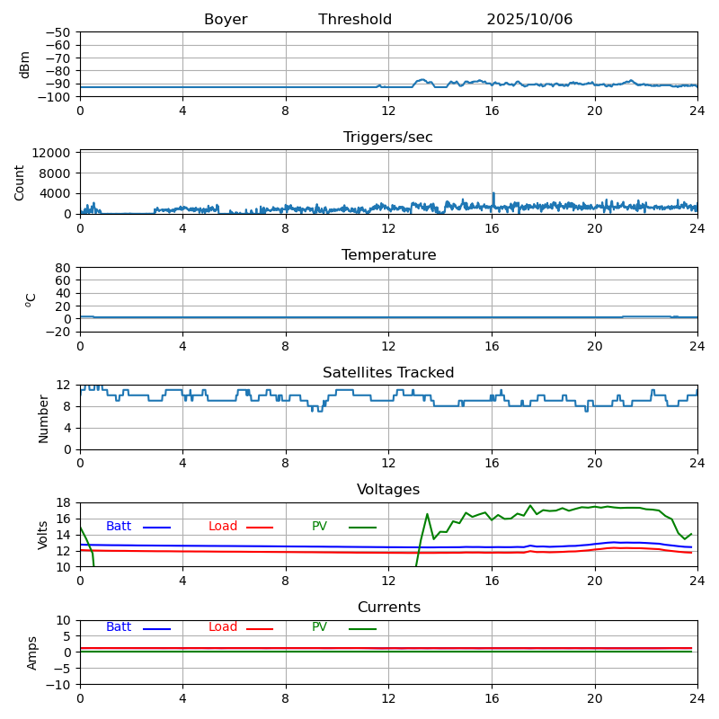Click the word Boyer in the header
coord(226,20)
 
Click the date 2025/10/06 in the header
coord(529,20)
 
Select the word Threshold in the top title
coord(355,20)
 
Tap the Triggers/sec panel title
coord(388,138)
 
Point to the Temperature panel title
coord(388,255)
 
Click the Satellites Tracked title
coord(388,373)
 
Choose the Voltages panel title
coord(388,490)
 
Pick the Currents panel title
coord(388,608)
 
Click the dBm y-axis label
coord(25,65)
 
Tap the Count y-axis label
coord(20,182)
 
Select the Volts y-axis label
coord(43,535)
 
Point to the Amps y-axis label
coord(32,652)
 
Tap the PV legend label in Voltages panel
coord(320,527)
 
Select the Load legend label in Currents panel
coord(223,627)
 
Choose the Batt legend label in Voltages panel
coord(119,527)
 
